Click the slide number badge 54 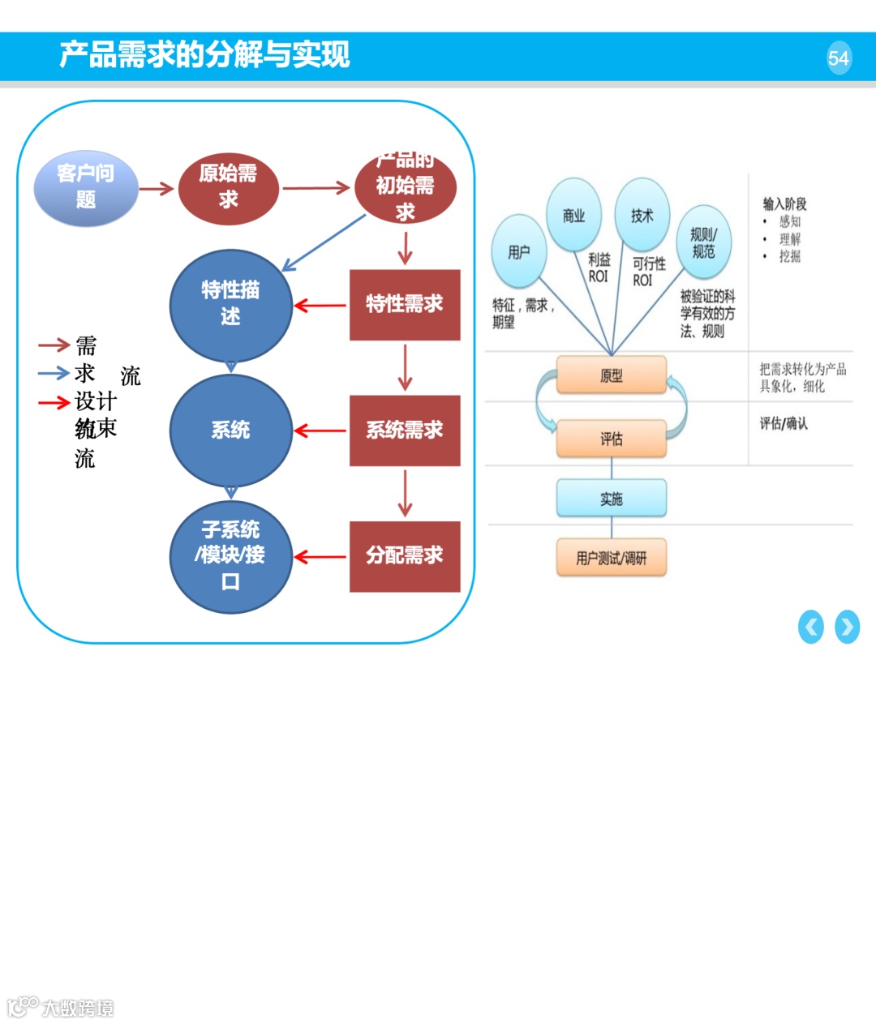coord(839,58)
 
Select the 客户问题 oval coord(86,188)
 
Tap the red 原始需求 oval coord(228,188)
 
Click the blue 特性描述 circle coord(230,305)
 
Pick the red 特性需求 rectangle coord(405,305)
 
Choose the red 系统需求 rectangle coord(405,431)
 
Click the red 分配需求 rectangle coord(405,556)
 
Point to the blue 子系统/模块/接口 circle coord(230,556)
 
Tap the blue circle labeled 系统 coord(230,431)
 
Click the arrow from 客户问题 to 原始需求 coord(157,189)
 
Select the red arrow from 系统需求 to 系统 coord(320,431)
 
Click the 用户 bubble coord(519,251)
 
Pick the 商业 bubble coord(573,216)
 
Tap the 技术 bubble coord(642,216)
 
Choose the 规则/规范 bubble coord(703,242)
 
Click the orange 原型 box coord(612,375)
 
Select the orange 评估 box coord(612,439)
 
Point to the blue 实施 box coord(612,499)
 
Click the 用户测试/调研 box coord(612,558)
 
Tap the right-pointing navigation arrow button coord(847,627)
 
